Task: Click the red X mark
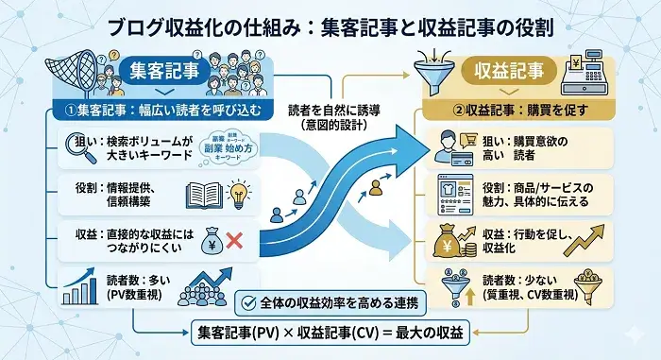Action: click(235, 239)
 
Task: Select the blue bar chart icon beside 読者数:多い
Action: click(78, 284)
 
